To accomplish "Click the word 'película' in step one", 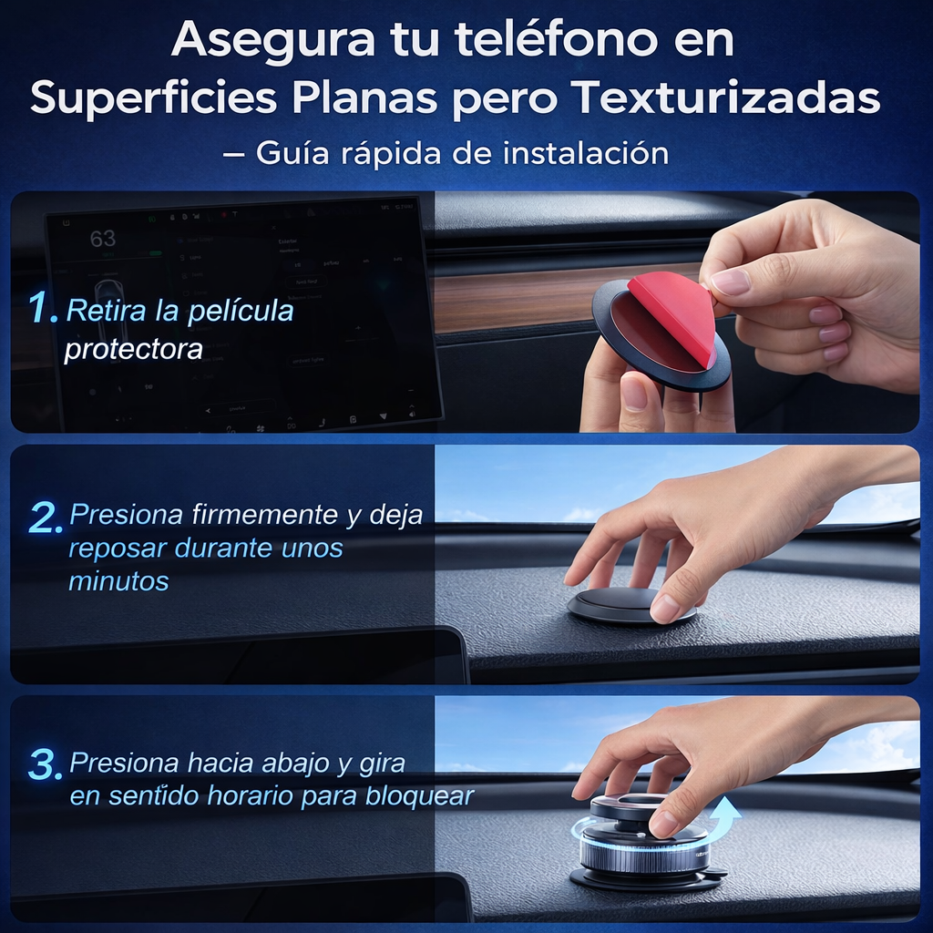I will coord(241,312).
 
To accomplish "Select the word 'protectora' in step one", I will coord(133,349).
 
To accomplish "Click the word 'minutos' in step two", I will coord(119,580).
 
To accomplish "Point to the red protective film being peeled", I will coord(674,314).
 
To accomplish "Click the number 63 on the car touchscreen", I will coord(103,239).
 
